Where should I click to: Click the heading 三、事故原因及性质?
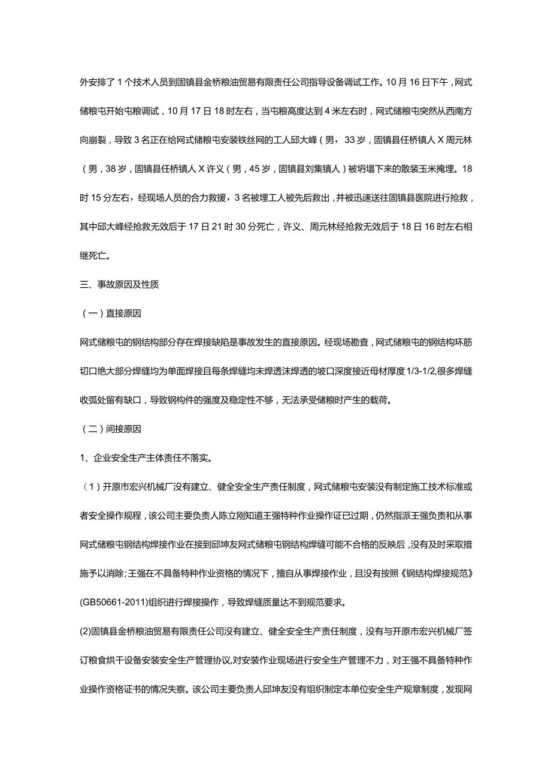point(119,285)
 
